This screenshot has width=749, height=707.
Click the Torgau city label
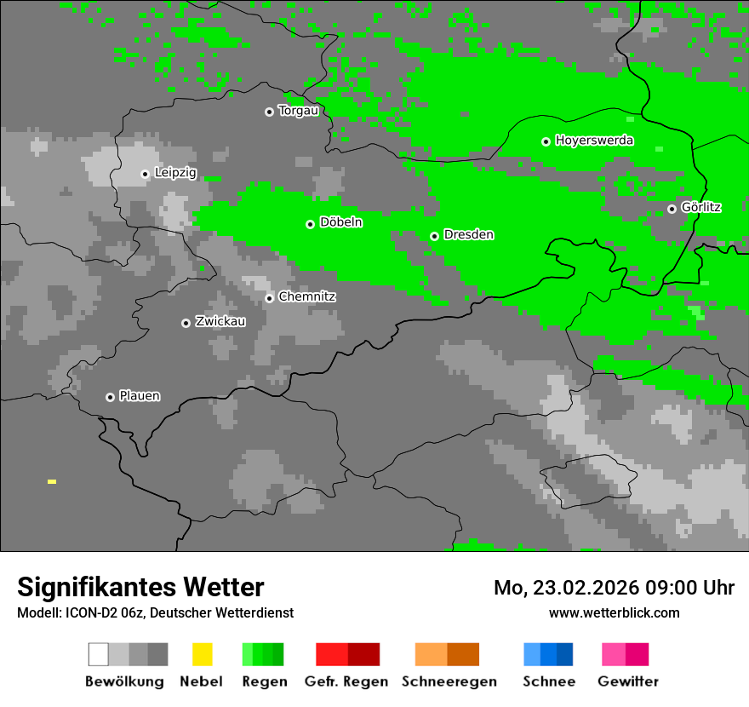tap(298, 111)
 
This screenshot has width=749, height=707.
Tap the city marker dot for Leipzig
tap(145, 174)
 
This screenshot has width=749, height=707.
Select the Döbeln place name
tap(340, 222)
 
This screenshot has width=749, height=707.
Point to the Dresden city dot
tap(434, 236)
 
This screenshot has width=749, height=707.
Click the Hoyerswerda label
tap(594, 141)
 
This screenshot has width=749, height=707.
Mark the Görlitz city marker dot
tap(672, 209)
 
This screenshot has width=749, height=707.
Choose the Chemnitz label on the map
tap(307, 297)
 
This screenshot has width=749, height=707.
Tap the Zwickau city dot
tap(186, 323)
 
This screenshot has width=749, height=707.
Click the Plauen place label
tap(140, 396)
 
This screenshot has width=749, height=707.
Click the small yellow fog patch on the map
tap(52, 482)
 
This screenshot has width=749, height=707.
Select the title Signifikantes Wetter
tap(140, 588)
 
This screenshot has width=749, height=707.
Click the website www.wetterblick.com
tap(614, 613)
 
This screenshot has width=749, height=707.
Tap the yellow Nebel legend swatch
tap(203, 654)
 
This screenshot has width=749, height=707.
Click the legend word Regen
tap(264, 681)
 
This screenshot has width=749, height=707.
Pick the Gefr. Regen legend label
tap(346, 681)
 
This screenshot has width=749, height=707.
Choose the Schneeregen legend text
tap(449, 681)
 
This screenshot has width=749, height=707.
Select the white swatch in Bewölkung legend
tap(99, 654)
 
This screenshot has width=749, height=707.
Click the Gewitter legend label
tap(628, 681)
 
